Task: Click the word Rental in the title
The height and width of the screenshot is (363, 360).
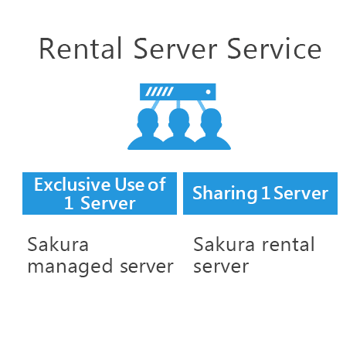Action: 80,49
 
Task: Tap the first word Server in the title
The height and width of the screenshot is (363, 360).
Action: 175,49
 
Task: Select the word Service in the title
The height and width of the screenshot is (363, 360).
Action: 274,49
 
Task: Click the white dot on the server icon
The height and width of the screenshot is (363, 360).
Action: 208,92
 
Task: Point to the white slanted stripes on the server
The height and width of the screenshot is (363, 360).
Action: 159,92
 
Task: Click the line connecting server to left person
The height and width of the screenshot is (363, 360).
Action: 155,105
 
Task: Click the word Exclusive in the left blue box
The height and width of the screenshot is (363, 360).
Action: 73,185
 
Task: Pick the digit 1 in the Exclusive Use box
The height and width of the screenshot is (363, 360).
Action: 69,203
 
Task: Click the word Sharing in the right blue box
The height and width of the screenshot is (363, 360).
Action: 225,193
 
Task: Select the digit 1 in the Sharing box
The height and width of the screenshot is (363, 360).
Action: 265,193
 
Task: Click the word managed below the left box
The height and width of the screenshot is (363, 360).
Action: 70,266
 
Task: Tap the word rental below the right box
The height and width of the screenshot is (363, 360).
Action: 288,244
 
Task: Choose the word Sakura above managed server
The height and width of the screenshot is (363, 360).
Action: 58,244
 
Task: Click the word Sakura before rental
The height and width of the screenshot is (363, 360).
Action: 224,244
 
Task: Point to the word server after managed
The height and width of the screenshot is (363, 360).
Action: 147,266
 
